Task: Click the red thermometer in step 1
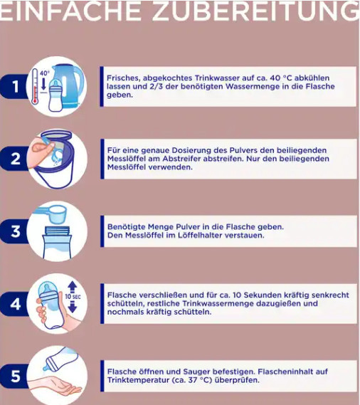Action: coord(35,87)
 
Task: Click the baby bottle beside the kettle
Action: coord(55,95)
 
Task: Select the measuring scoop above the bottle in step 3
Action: coord(53,214)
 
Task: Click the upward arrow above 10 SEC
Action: coord(73,286)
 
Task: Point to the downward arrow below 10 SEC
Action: coord(73,307)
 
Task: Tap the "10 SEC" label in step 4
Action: coord(73,297)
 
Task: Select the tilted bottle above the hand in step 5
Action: coord(60,359)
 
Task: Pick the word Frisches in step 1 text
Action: coord(124,78)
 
